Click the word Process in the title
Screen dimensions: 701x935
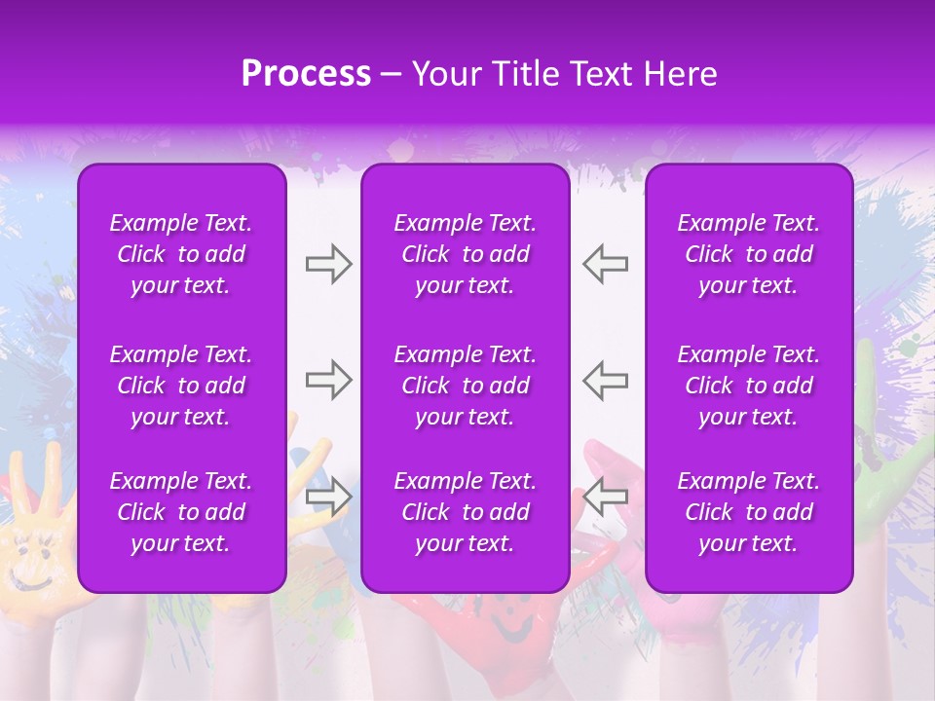click(x=306, y=74)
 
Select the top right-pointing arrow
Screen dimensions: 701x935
click(x=328, y=264)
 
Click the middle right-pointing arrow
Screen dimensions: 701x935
click(x=328, y=380)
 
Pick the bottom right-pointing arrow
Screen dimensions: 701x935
click(x=328, y=498)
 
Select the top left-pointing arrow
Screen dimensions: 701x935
click(x=605, y=264)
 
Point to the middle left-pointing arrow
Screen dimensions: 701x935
click(x=605, y=380)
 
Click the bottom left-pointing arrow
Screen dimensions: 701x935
click(x=605, y=498)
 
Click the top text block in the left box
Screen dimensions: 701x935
click(x=181, y=254)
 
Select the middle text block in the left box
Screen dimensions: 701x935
click(x=181, y=386)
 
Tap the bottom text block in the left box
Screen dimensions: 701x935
click(x=181, y=512)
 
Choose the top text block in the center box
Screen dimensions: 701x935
click(x=465, y=254)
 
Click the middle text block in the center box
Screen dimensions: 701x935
click(x=465, y=386)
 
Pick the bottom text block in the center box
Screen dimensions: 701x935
click(x=465, y=512)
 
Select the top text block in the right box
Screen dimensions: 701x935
click(x=748, y=254)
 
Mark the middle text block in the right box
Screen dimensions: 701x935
click(x=748, y=386)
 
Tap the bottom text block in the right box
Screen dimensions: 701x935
click(x=748, y=512)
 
